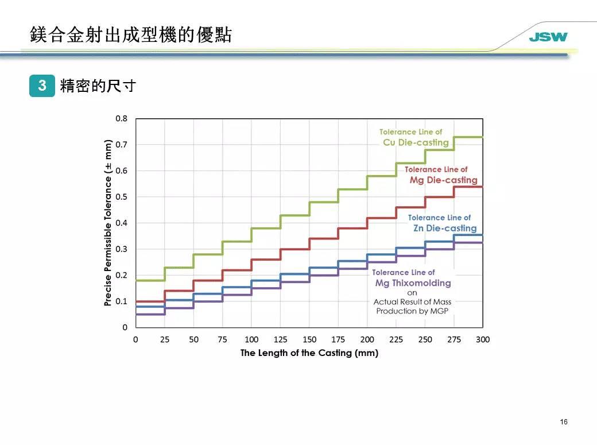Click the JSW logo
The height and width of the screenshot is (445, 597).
coord(548,37)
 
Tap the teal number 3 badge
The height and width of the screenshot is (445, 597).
coord(42,86)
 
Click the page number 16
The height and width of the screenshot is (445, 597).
coord(564,423)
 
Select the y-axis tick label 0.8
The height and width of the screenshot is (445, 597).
coord(121,118)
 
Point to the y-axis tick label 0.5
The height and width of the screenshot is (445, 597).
coord(121,197)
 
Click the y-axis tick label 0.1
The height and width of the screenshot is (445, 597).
coord(121,301)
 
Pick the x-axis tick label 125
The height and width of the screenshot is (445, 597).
coord(280,339)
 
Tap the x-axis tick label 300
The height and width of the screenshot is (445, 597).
coord(483,339)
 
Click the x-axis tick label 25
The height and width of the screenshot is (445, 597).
coord(165,339)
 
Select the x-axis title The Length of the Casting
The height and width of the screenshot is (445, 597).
coord(309,353)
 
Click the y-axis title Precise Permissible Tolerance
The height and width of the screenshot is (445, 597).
coord(107,223)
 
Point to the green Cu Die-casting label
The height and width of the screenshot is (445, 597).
coord(416,142)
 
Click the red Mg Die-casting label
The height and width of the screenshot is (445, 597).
coord(443,180)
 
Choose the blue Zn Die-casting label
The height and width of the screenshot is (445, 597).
coord(445,229)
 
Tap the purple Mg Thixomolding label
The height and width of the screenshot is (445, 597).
coord(413,283)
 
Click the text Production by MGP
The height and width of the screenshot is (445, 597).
coord(412,311)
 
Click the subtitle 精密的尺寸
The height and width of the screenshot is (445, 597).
coord(98,86)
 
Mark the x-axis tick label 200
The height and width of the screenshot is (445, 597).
coord(367,339)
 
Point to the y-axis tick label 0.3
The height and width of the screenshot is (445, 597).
coord(121,249)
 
